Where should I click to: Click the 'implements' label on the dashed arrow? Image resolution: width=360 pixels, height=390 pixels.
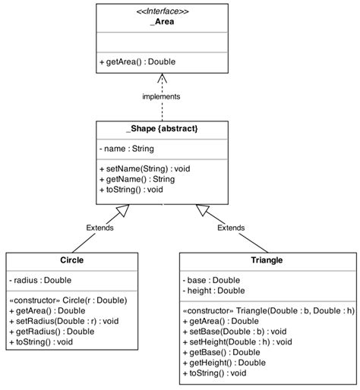point(161,96)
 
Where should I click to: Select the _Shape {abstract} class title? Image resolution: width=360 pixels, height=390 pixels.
point(161,129)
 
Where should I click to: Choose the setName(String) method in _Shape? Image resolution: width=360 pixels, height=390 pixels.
point(144,168)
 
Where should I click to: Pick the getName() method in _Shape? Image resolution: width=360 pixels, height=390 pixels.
point(137,179)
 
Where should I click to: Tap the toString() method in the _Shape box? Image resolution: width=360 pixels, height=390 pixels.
point(131,190)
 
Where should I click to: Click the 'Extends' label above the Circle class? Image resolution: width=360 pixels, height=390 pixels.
point(99,228)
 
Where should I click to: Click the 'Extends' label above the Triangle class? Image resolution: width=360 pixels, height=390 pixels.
point(231,228)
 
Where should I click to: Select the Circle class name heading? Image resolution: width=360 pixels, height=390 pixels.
point(71,260)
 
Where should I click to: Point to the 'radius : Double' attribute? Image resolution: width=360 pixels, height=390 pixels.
point(40,279)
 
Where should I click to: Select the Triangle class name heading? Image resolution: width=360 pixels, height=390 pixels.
point(266,260)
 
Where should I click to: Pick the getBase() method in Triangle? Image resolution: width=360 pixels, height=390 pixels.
point(220,352)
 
